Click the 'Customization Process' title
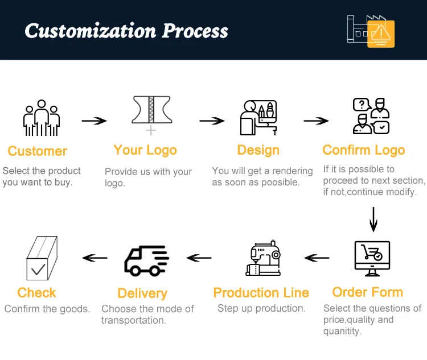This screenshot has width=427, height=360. coord(126,31)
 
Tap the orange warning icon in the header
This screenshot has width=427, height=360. coord(380,34)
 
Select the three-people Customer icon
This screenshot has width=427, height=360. coord(41,119)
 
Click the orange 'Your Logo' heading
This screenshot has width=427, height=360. coord(145,150)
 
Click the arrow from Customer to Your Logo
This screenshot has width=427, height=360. coord(94,121)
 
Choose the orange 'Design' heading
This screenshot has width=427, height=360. coord(258,150)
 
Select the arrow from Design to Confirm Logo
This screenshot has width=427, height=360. coord(316,121)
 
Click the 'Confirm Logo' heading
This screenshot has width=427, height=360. coord(363,150)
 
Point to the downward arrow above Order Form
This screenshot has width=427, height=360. coord(373,220)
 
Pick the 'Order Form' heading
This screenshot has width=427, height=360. coord(367,292)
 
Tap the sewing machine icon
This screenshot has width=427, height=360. coord(264,259)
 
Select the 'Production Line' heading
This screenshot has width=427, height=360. coord(261,293)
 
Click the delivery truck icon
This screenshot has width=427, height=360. coord(146,260)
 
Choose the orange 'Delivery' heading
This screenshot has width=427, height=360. coord(142,293)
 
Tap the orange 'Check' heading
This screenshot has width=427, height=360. coord(37,293)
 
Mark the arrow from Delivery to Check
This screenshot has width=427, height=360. coord(95,258)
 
